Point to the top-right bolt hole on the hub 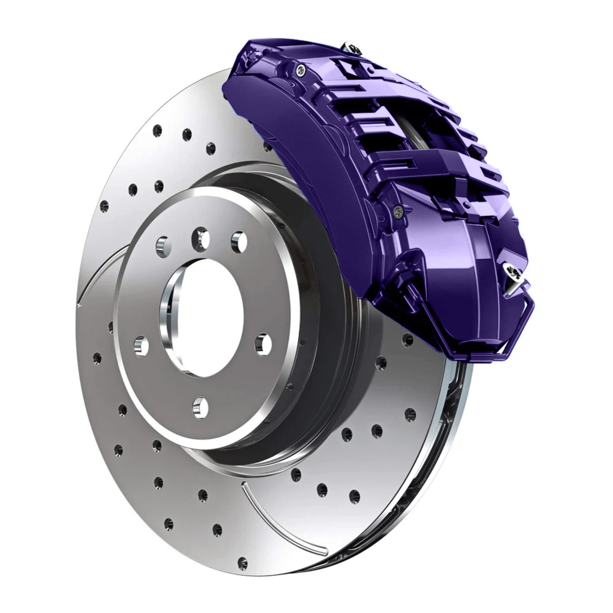coord(239,242)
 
